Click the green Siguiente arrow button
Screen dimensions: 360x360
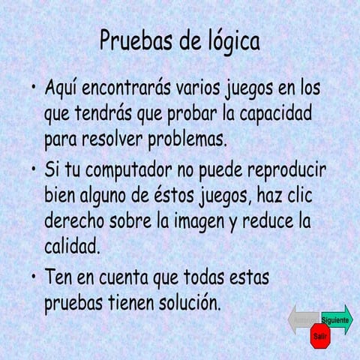337,319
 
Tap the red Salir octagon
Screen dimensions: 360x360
320,337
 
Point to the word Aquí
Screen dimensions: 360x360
63,89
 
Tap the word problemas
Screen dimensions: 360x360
185,140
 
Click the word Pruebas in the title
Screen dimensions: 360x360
136,41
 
